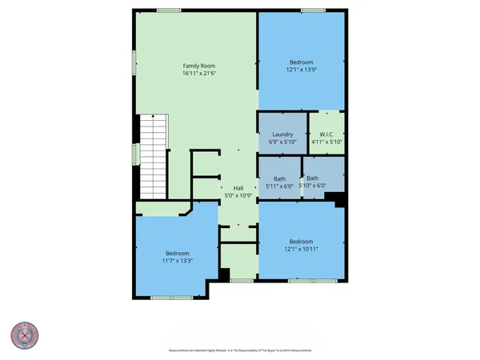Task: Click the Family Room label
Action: click(199, 65)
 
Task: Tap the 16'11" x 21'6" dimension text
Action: click(199, 73)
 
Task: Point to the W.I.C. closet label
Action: click(326, 134)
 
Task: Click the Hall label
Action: click(238, 186)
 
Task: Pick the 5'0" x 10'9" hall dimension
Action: click(238, 194)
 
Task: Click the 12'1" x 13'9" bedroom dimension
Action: click(302, 70)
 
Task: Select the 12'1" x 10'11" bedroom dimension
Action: click(302, 250)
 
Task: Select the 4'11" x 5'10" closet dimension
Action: click(326, 142)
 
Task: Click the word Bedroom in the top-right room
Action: click(302, 62)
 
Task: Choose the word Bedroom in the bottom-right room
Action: click(302, 242)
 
